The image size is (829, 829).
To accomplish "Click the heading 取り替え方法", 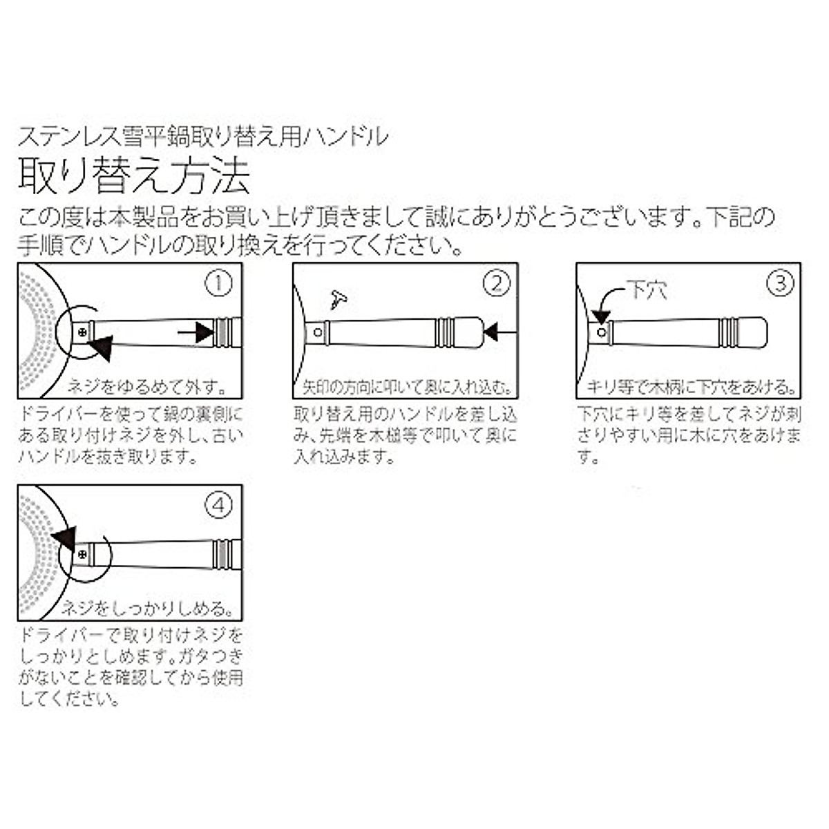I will (134, 177).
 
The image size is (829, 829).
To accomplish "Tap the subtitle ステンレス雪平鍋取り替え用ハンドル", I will (203, 136).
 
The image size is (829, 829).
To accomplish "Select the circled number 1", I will (219, 284).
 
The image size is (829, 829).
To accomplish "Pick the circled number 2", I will (496, 284).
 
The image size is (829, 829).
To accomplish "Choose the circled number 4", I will (219, 506).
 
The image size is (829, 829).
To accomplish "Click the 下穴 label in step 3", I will (647, 289).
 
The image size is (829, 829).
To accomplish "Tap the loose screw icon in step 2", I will (339, 299).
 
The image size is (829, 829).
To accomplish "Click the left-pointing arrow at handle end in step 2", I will (491, 333).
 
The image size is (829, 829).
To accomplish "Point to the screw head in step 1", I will (83, 332).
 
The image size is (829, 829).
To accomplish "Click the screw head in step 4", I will (83, 554).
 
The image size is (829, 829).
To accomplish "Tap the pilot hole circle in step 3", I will (601, 332).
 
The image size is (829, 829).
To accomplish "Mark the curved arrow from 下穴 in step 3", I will (605, 304).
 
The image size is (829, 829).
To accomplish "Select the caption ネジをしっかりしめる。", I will (145, 609).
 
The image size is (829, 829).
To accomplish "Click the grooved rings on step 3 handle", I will (729, 332).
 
